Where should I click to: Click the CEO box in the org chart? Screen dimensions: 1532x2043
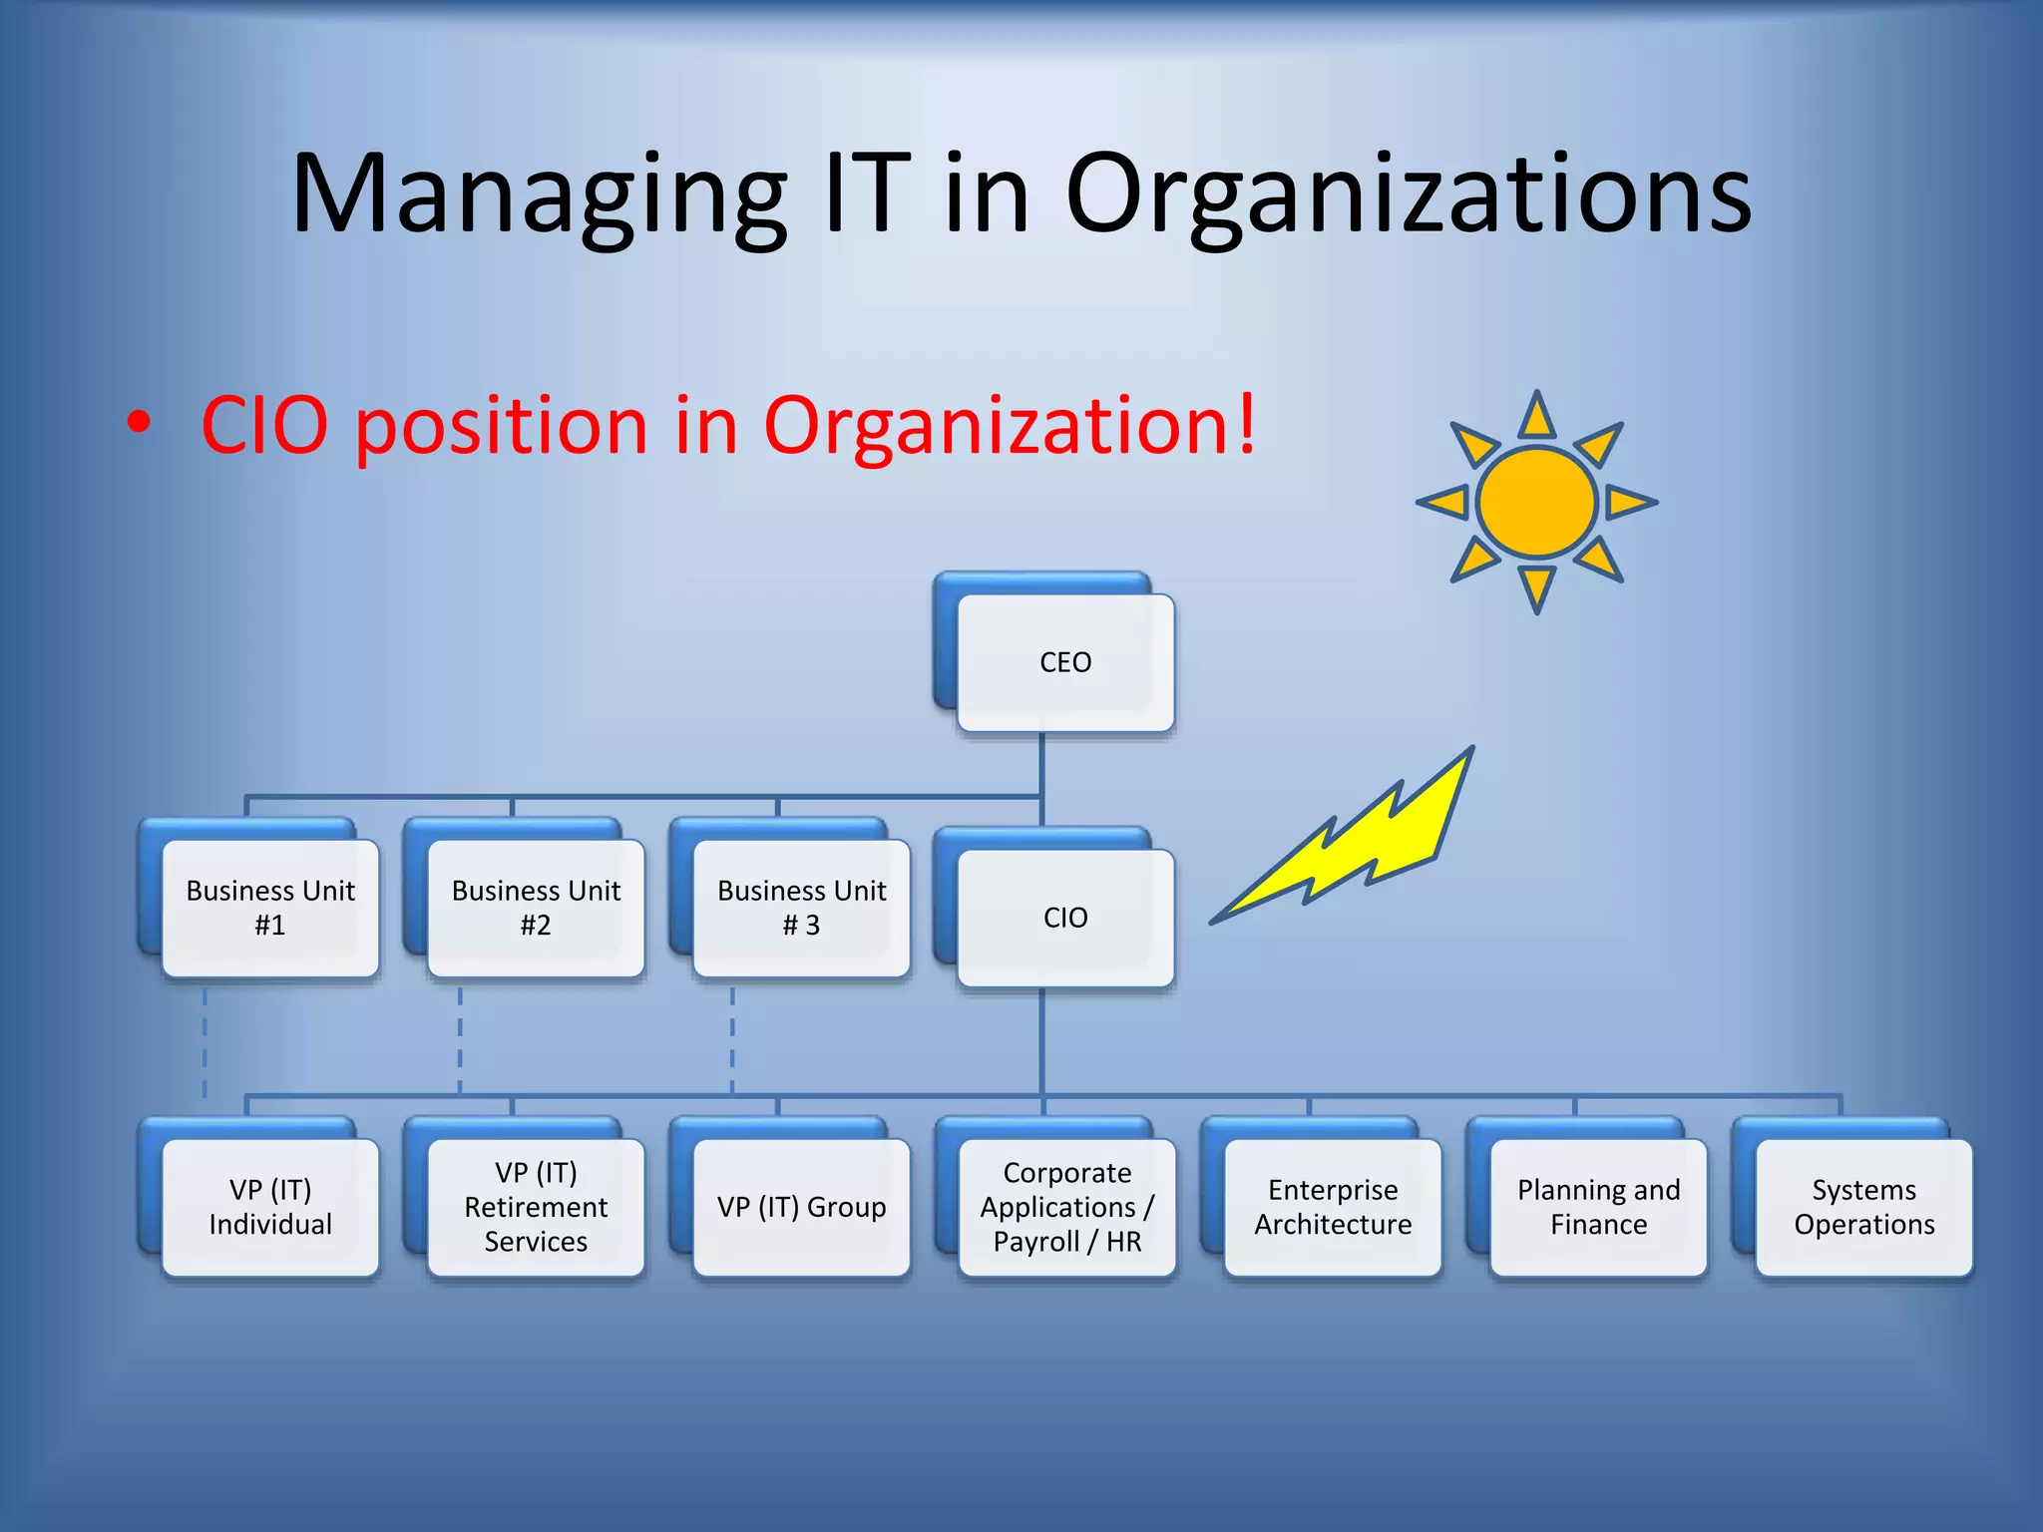pos(1064,662)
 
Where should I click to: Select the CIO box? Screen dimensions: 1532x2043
pos(1064,918)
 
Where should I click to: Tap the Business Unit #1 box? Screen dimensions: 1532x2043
pos(270,908)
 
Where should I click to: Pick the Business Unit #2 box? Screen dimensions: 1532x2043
pos(536,908)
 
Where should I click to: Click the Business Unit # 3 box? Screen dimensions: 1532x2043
pos(801,908)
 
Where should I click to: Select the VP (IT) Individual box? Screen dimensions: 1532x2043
pos(270,1207)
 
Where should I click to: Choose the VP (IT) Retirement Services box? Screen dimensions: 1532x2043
pos(536,1207)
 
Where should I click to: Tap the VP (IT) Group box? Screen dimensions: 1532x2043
pos(801,1207)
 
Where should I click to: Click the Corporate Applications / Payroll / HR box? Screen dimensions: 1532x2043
pos(1066,1207)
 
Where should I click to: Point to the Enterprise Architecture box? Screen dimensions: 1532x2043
pos(1333,1207)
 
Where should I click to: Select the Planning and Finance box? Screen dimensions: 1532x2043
pos(1598,1207)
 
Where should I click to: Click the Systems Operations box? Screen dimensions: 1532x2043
pos(1863,1207)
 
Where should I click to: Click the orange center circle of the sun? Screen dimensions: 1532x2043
pos(1536,502)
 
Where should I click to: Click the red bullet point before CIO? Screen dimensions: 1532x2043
pos(139,423)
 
